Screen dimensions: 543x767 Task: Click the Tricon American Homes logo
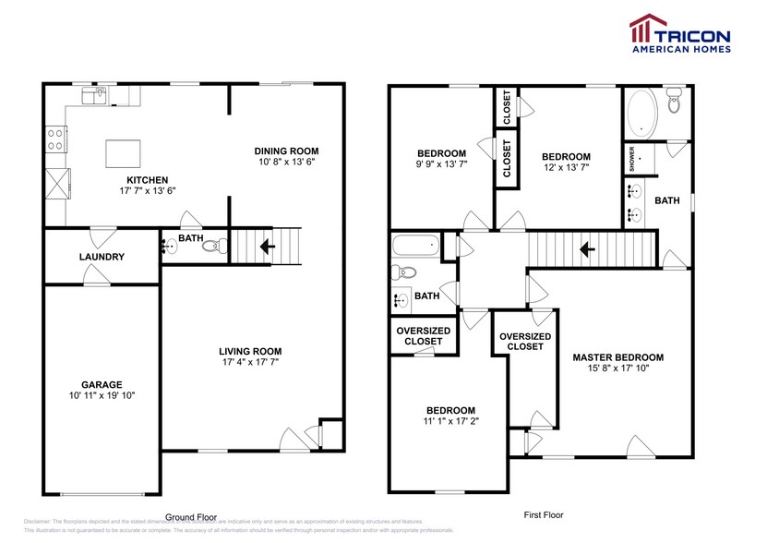[679, 35]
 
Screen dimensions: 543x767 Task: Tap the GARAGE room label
[102, 384]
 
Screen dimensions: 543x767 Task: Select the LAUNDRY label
[102, 257]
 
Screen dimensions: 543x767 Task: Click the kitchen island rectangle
[126, 151]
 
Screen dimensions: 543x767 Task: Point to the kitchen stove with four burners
[55, 139]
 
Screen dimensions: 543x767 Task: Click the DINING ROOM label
[286, 151]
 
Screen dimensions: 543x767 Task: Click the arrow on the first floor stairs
[584, 247]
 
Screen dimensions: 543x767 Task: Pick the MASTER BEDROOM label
[617, 357]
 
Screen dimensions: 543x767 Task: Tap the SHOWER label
[632, 158]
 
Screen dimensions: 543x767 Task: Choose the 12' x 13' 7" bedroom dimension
[566, 168]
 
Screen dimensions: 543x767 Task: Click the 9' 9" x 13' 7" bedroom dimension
[441, 165]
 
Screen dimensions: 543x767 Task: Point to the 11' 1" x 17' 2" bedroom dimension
[450, 422]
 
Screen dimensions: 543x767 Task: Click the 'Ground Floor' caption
[191, 517]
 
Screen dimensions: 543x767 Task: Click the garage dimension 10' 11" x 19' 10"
[102, 395]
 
